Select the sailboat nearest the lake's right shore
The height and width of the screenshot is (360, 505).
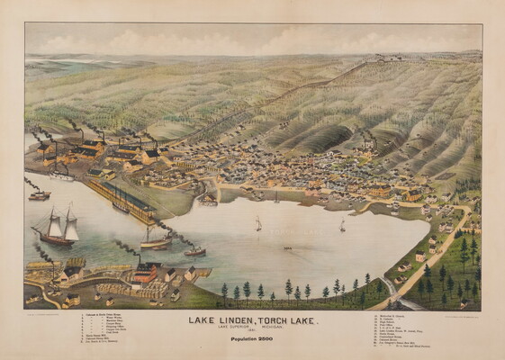(342, 225)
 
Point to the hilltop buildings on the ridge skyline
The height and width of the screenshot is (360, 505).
(390, 58)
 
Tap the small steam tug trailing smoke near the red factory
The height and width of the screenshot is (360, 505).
(194, 251)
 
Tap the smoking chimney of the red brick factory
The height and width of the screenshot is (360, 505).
(139, 260)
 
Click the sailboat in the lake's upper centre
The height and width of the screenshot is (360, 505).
(257, 223)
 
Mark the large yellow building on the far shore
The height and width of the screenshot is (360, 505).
(379, 191)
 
